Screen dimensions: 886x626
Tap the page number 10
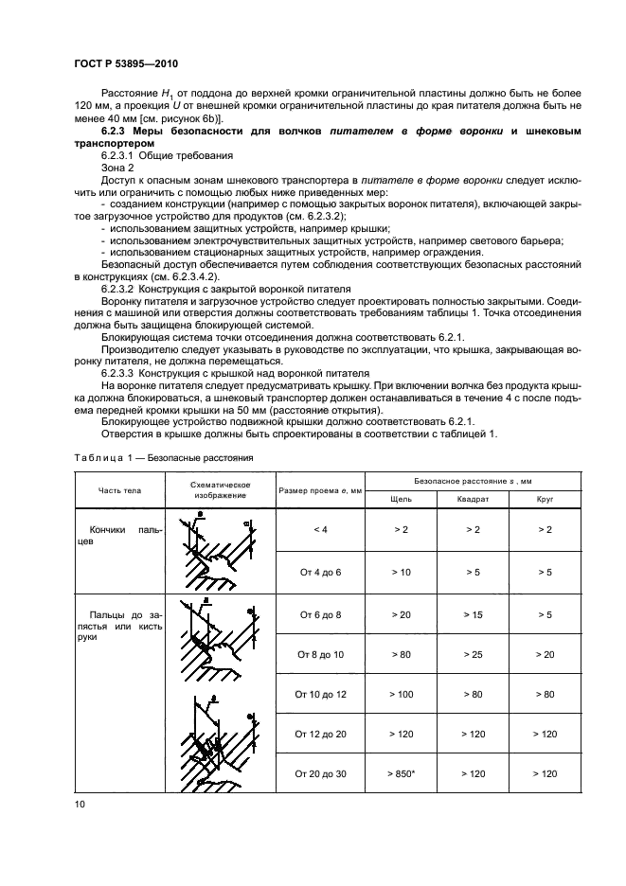tap(78, 805)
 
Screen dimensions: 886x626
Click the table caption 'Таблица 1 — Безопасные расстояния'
tap(162, 456)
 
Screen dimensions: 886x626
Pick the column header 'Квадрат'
tap(472, 498)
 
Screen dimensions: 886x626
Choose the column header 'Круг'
tap(544, 498)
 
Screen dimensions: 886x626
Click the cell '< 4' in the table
tap(319, 530)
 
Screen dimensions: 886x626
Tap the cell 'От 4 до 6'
tap(319, 572)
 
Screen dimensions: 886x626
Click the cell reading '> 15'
tap(472, 613)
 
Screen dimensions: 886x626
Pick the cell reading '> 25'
tap(472, 654)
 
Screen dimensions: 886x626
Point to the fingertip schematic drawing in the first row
tap(217, 550)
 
